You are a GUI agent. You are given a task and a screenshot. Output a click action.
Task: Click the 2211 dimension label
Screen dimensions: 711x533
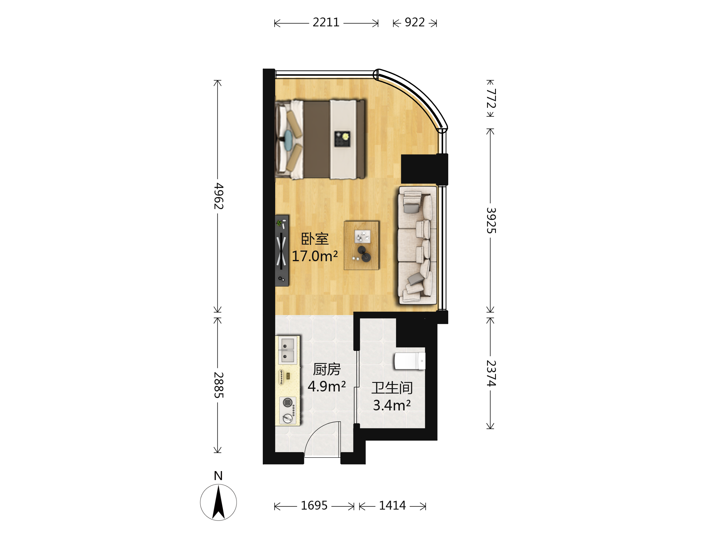[326, 23]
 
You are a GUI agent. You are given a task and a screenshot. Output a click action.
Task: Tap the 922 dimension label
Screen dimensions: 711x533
[415, 23]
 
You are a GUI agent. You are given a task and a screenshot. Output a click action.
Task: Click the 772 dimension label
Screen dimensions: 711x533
[491, 98]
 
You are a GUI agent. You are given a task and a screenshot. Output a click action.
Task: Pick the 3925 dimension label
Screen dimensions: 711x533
[491, 220]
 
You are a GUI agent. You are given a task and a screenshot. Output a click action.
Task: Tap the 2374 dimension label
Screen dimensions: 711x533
[491, 373]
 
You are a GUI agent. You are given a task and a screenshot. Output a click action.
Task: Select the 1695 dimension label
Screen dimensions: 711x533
[314, 506]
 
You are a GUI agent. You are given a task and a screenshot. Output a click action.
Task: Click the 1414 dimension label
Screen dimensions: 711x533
[393, 506]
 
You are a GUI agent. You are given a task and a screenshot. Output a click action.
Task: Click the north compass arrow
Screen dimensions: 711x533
[219, 503]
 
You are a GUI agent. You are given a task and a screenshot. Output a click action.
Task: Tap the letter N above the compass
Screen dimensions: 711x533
[218, 476]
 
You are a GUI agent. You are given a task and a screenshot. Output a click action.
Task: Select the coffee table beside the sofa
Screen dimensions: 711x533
[362, 245]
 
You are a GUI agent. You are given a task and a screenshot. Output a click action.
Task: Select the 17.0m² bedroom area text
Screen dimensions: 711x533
[315, 256]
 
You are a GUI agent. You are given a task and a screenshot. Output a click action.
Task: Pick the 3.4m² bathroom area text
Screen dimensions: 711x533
[392, 405]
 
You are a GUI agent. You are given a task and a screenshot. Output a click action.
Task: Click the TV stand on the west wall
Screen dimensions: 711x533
[282, 251]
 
